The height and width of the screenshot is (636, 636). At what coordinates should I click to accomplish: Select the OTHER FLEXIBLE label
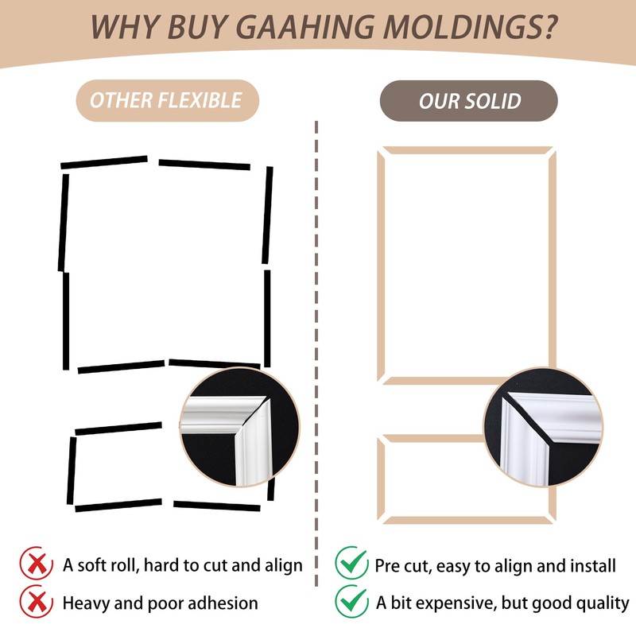pyautogui.click(x=165, y=101)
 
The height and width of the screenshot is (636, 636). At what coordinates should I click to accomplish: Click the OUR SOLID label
pyautogui.click(x=469, y=101)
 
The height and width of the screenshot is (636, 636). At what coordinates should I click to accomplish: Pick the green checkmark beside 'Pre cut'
pyautogui.click(x=351, y=563)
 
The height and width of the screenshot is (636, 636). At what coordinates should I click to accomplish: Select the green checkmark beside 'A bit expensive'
pyautogui.click(x=351, y=601)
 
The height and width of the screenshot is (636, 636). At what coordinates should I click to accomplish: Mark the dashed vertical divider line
pyautogui.click(x=317, y=318)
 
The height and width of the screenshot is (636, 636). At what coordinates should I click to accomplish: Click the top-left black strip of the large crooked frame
pyautogui.click(x=104, y=163)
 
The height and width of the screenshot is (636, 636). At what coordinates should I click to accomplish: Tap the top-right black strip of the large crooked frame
pyautogui.click(x=204, y=165)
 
